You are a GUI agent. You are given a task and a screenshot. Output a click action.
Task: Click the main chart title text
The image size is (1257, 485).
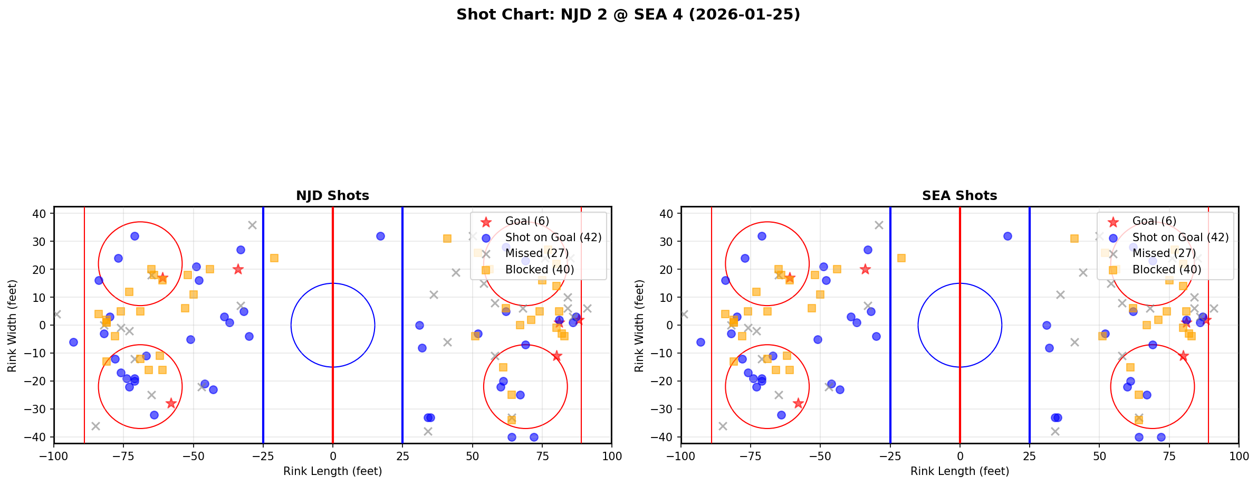click(x=628, y=15)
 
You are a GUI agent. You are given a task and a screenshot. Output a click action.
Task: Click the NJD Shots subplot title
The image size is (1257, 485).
click(x=332, y=196)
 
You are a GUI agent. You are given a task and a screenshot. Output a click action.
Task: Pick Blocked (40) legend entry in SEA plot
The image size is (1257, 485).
click(x=1166, y=270)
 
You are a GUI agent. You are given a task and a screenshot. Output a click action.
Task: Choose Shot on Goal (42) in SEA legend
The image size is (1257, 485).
click(x=1180, y=237)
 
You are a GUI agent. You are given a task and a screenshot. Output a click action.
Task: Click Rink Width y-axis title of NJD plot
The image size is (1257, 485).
click(x=12, y=326)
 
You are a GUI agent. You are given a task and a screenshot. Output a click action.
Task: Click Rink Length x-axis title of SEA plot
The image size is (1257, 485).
click(x=959, y=471)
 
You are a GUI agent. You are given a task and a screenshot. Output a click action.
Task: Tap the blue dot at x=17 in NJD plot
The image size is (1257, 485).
click(x=380, y=236)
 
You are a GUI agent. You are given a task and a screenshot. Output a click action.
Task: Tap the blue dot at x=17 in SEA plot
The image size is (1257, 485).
click(x=1007, y=236)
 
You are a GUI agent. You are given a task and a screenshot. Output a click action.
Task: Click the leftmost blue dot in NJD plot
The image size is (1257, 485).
click(x=73, y=342)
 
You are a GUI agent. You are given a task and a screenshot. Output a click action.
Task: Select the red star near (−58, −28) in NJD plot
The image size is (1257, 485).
click(x=171, y=403)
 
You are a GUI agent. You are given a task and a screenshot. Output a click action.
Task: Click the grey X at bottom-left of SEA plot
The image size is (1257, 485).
click(x=723, y=426)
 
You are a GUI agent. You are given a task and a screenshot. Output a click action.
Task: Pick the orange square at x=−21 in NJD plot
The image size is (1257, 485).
click(x=274, y=258)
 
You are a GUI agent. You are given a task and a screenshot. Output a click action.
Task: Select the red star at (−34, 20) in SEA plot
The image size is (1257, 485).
click(x=865, y=269)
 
